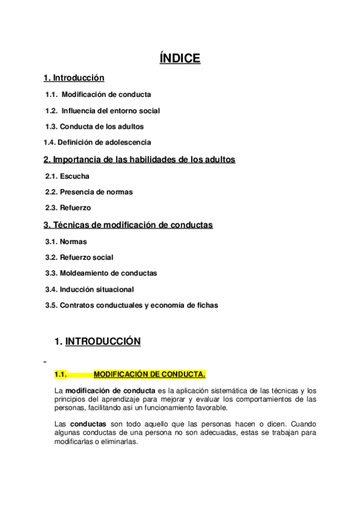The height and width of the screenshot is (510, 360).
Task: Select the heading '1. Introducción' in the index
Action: click(x=74, y=78)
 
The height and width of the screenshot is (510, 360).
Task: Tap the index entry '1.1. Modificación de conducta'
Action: click(x=99, y=94)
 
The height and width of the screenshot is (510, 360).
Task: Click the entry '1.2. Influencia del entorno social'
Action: click(x=103, y=111)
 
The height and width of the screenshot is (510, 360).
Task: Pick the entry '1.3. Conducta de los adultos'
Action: click(x=94, y=127)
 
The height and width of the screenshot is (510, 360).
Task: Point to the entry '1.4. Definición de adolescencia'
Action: click(x=97, y=143)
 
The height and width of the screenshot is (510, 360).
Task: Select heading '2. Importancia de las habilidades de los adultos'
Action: click(x=139, y=159)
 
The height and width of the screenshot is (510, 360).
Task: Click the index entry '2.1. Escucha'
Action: click(x=67, y=176)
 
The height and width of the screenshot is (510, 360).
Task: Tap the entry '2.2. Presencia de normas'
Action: click(x=89, y=192)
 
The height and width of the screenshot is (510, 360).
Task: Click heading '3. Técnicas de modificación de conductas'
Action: click(x=128, y=225)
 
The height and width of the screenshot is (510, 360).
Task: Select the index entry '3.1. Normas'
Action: click(x=66, y=242)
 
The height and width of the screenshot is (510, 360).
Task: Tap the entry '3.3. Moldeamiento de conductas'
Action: click(x=101, y=273)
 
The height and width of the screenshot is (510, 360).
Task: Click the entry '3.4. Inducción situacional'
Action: click(x=90, y=289)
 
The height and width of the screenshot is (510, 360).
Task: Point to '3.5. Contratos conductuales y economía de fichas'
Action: click(x=132, y=305)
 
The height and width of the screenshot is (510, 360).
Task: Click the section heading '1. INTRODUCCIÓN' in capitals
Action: click(x=97, y=342)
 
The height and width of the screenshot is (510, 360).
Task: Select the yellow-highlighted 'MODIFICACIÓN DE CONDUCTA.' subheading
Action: click(x=150, y=374)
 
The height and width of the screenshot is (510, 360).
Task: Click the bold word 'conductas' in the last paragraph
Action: click(x=88, y=423)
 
